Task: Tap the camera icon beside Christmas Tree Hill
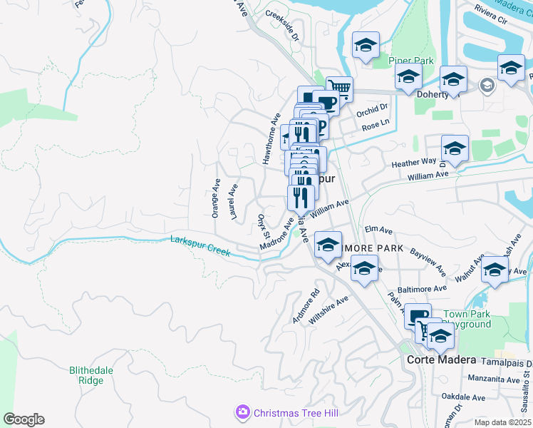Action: click(243, 412)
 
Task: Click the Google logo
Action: click(24, 419)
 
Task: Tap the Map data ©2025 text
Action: click(502, 422)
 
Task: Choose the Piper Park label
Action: click(411, 61)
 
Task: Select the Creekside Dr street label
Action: click(281, 24)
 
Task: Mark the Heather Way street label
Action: click(413, 163)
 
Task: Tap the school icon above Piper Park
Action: click(366, 46)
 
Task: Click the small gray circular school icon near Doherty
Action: click(487, 86)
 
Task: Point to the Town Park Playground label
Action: click(467, 319)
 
